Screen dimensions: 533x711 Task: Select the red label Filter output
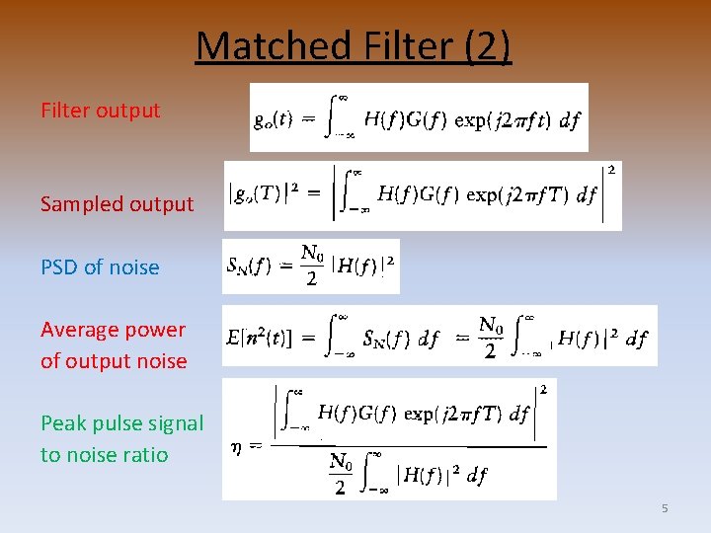point(100,111)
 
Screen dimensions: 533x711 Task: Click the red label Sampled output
point(117,204)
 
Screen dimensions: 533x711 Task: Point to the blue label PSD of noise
point(100,267)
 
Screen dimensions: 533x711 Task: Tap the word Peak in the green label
point(63,423)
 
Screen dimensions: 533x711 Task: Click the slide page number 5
point(665,508)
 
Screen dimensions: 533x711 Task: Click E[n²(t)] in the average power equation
point(260,339)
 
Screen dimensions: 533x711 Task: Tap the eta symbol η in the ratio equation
point(236,445)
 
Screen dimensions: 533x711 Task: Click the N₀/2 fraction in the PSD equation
point(312,266)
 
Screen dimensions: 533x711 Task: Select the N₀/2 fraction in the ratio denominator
point(340,473)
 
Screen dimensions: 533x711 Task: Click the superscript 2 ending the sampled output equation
point(613,170)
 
